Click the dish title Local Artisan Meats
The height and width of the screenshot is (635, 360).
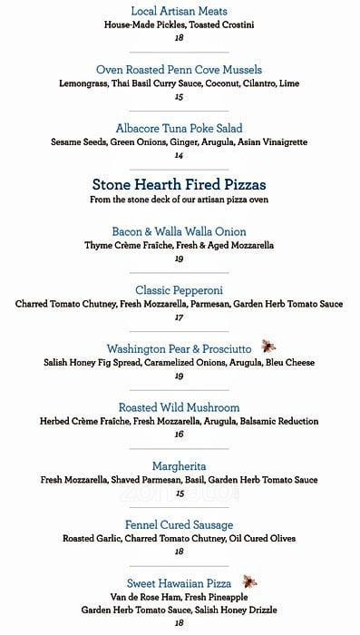[180, 10]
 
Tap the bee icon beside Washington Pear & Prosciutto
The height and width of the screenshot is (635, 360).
[269, 347]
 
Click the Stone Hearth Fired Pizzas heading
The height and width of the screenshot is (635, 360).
[180, 183]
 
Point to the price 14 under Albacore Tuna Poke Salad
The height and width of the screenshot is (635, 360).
[180, 155]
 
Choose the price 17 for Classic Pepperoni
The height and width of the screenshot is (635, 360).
[180, 317]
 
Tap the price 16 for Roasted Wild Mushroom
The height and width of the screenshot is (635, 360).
[180, 435]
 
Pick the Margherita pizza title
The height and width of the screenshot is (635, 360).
[180, 466]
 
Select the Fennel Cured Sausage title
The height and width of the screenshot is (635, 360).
[180, 524]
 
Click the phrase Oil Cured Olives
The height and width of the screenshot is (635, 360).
[263, 538]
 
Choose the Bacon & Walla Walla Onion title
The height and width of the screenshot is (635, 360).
[180, 231]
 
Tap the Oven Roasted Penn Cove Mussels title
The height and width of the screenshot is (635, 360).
[180, 69]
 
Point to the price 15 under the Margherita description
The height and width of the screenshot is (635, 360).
[180, 493]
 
